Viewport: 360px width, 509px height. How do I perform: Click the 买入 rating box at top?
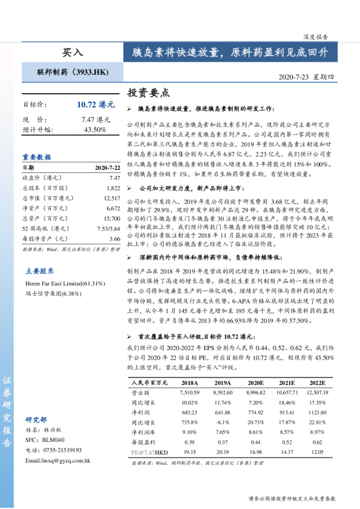[x=72, y=53]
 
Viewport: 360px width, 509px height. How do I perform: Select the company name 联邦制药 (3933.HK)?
[x=73, y=73]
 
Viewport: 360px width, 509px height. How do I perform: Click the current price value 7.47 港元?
[x=96, y=120]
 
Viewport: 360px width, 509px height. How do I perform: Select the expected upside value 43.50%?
[x=95, y=129]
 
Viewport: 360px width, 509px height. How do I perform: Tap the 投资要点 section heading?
[x=148, y=92]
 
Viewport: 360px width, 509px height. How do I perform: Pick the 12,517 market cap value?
[x=111, y=198]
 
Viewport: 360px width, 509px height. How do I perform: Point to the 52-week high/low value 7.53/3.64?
[x=108, y=229]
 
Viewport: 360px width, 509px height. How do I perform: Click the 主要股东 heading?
[x=39, y=271]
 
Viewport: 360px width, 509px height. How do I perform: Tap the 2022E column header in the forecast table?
[x=318, y=383]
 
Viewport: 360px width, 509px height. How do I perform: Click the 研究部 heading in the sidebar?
[x=36, y=420]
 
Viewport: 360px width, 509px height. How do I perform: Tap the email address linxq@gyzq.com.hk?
[x=57, y=461]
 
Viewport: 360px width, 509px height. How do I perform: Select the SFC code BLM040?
[x=53, y=440]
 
